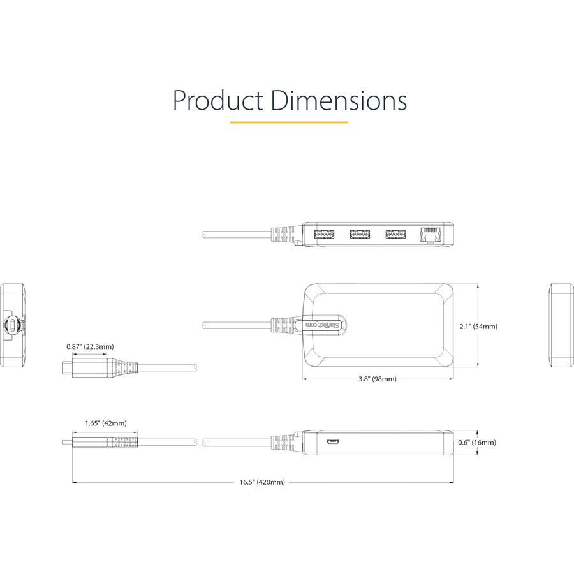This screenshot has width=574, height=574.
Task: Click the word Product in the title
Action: [x=218, y=100]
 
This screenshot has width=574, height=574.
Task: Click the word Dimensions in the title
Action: [x=339, y=100]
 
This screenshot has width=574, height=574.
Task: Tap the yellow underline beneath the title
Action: [x=289, y=122]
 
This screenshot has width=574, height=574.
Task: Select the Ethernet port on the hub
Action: [x=430, y=234]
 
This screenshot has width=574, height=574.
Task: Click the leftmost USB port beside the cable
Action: [x=325, y=234]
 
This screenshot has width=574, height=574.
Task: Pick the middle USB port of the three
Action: [x=360, y=234]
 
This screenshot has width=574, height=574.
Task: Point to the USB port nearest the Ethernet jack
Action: [x=395, y=234]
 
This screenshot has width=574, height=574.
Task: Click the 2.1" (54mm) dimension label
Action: [x=478, y=326]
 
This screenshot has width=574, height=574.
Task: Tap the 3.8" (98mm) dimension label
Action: [x=378, y=379]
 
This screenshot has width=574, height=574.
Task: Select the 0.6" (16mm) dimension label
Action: [x=477, y=442]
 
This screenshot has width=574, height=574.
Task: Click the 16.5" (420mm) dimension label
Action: [x=262, y=482]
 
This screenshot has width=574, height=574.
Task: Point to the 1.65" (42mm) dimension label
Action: [x=106, y=423]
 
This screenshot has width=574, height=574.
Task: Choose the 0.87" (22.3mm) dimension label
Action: [x=90, y=346]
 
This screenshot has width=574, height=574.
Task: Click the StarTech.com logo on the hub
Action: [x=323, y=325]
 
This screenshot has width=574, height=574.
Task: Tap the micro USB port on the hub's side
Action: [x=333, y=443]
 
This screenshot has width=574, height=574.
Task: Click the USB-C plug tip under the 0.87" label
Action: [x=68, y=368]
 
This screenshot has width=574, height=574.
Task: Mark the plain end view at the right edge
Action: [x=561, y=325]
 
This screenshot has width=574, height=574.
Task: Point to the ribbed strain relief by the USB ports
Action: [x=283, y=235]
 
